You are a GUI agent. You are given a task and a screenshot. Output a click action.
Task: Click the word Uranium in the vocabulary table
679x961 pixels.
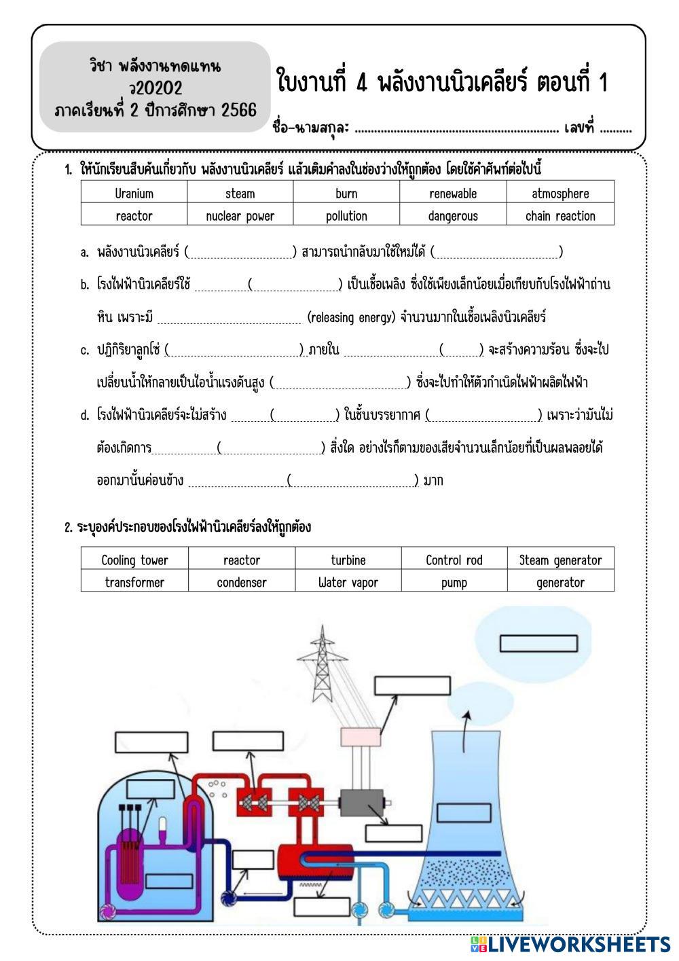(134, 194)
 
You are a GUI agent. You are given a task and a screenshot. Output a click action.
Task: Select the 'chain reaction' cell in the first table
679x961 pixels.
(560, 216)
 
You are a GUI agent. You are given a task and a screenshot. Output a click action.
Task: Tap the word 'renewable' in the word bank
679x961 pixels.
(453, 194)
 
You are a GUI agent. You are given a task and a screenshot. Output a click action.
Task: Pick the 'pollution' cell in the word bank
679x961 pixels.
(346, 216)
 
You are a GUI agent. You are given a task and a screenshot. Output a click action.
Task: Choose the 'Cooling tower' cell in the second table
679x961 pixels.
(134, 560)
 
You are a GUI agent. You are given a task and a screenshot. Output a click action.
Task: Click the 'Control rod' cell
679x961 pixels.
(454, 560)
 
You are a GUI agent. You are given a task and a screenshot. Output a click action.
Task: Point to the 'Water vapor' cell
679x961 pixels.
(348, 583)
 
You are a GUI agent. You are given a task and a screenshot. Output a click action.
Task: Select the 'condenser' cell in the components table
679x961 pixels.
(242, 583)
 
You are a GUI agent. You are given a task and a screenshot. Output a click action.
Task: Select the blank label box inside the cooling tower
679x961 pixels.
(464, 812)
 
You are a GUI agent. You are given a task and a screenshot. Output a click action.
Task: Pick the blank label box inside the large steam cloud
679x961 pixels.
(538, 643)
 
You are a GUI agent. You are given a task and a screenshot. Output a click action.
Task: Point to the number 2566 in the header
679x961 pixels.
(239, 110)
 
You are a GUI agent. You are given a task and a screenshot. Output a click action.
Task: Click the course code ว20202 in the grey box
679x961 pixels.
(155, 88)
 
